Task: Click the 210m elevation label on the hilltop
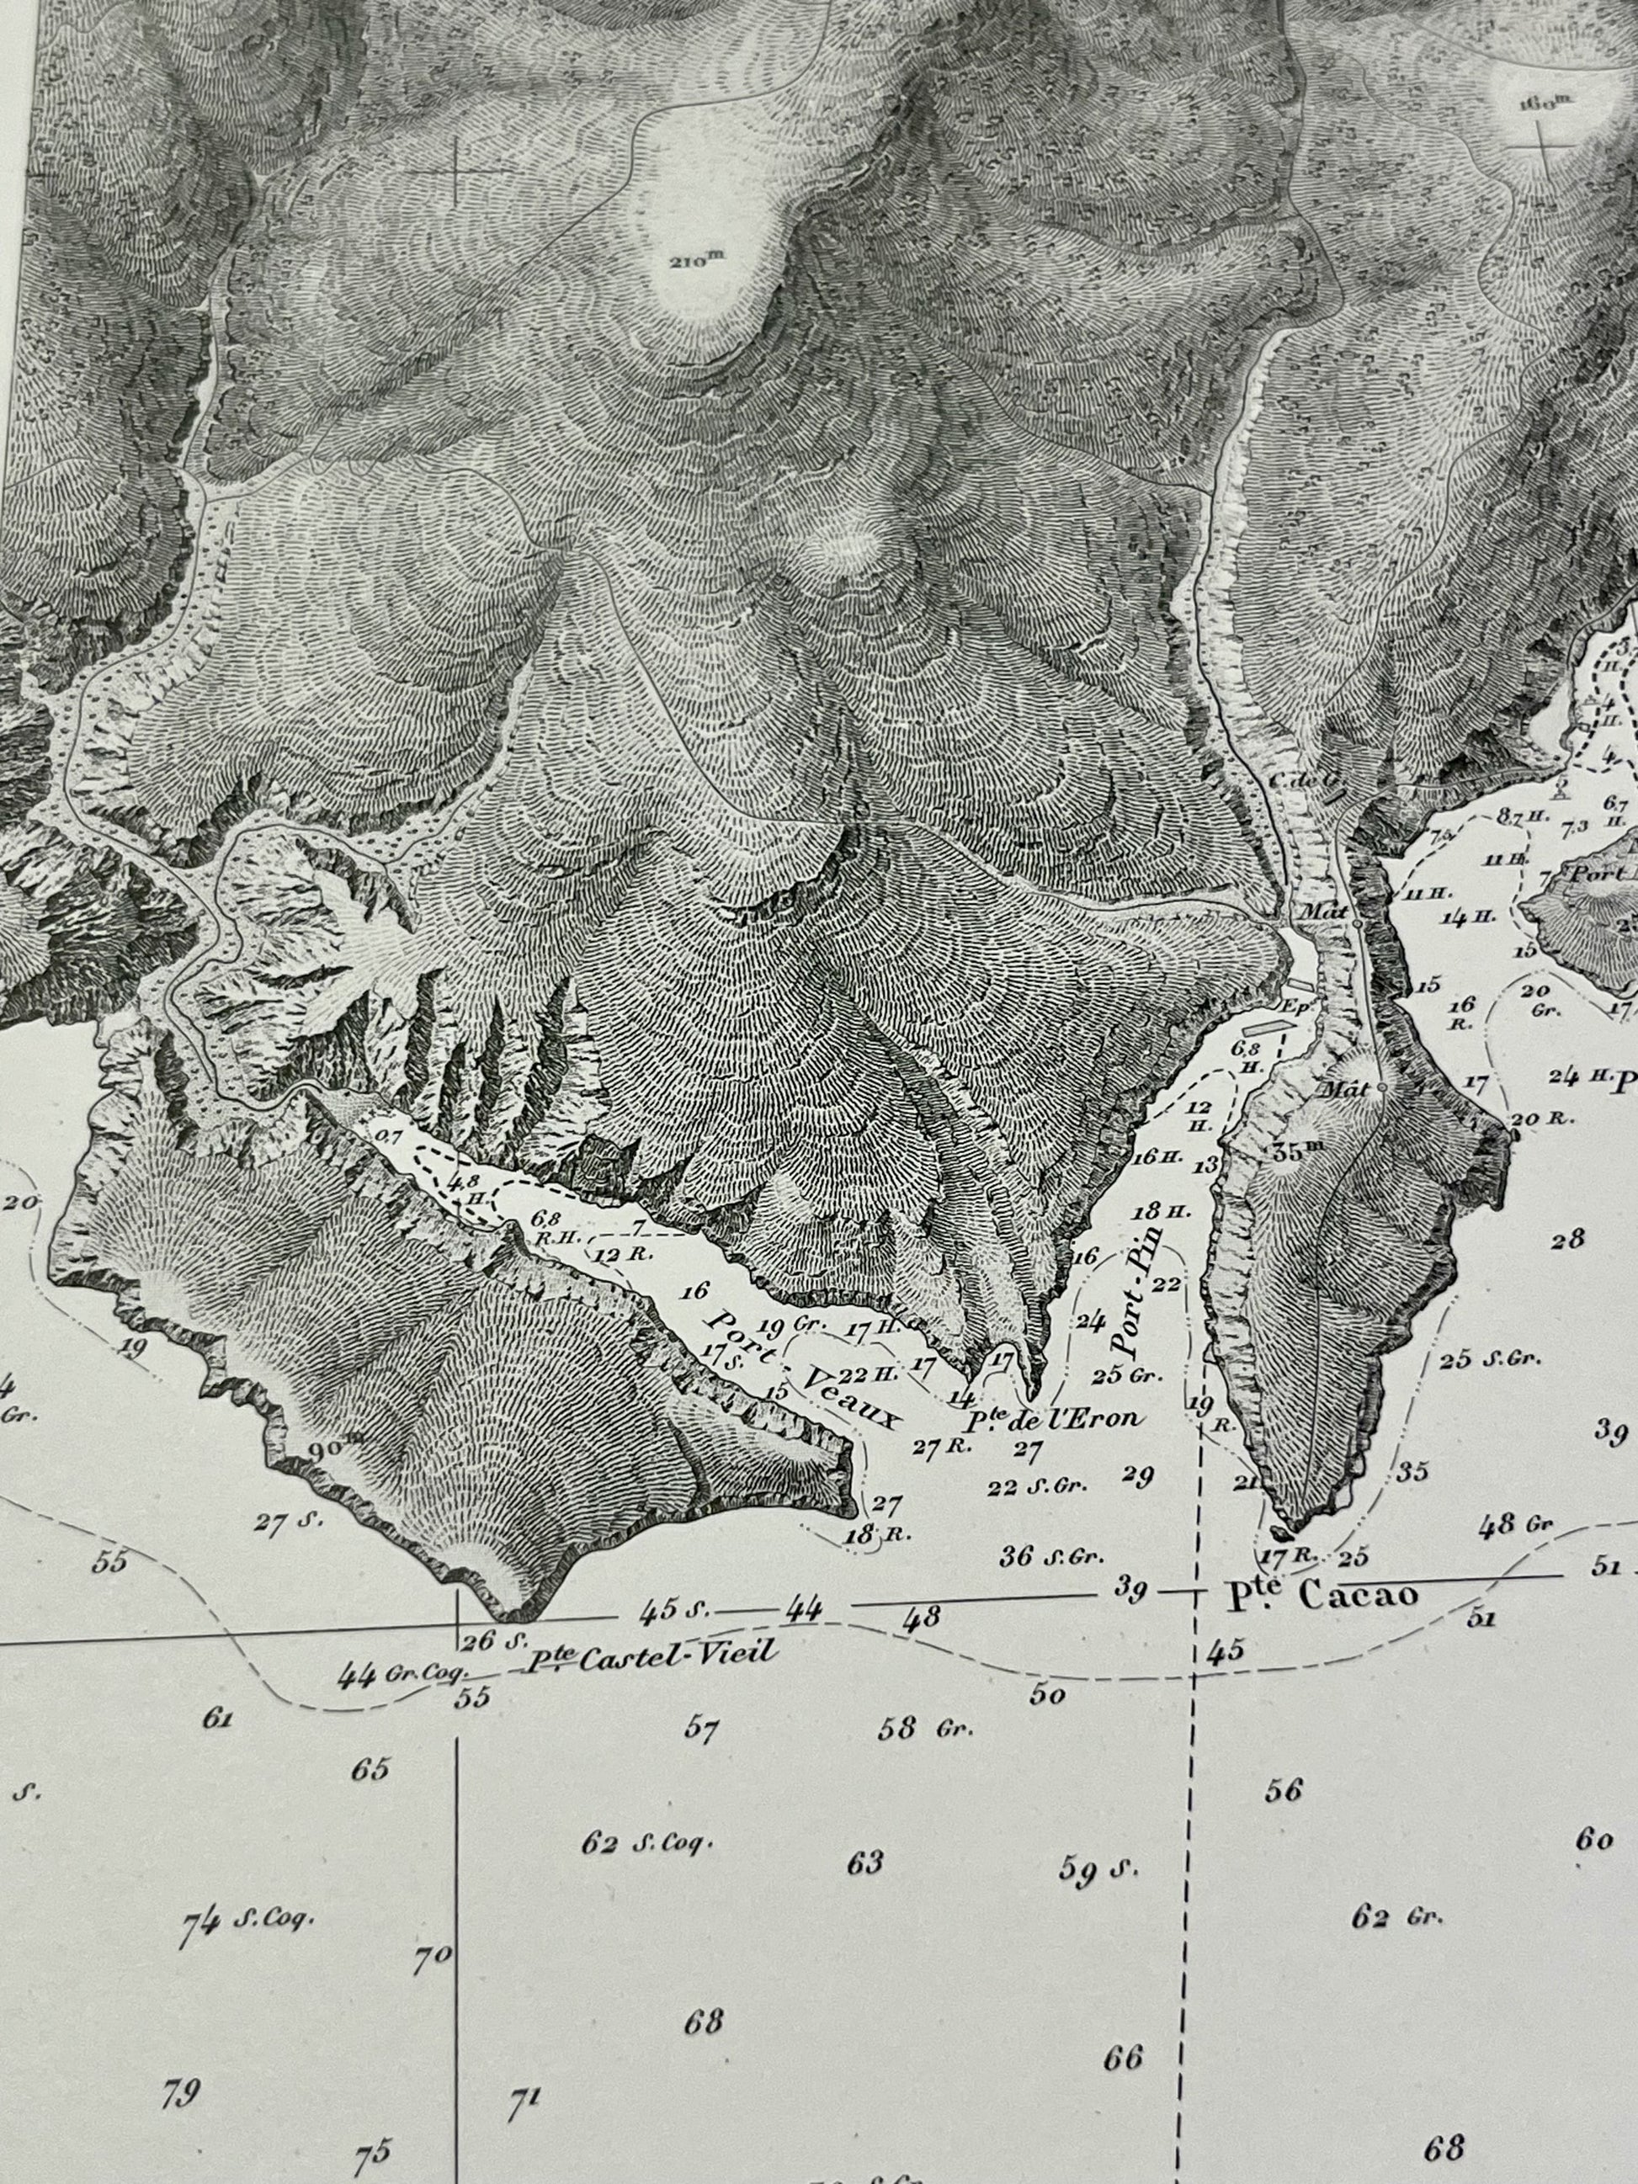696,261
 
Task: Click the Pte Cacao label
1323,1623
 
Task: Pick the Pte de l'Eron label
1052,1419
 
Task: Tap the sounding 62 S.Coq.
646,1842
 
